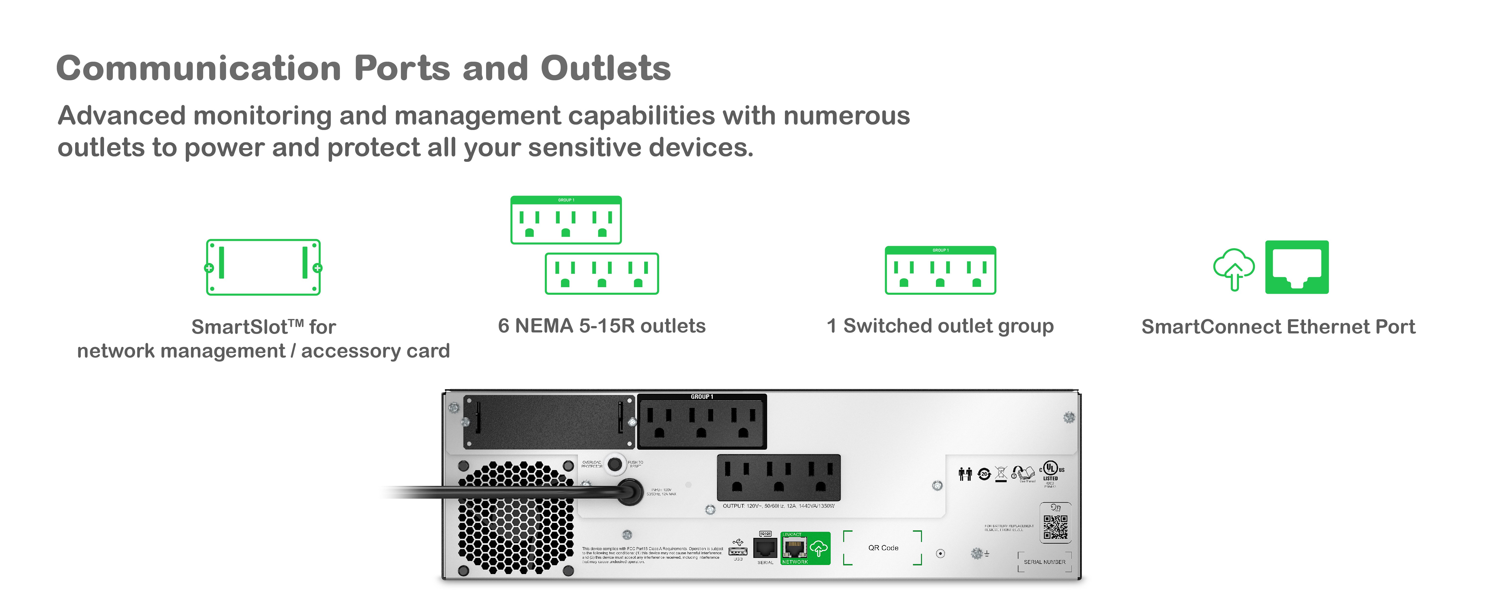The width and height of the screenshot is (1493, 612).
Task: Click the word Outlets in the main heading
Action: tap(606, 68)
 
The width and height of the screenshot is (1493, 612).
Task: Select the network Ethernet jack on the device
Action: tap(794, 547)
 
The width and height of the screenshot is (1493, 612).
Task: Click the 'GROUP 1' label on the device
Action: tap(702, 397)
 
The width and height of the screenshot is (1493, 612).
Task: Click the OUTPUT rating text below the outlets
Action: tap(778, 506)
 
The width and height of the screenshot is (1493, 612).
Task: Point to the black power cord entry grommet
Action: tap(630, 492)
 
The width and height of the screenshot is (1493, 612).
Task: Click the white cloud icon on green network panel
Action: tap(818, 548)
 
